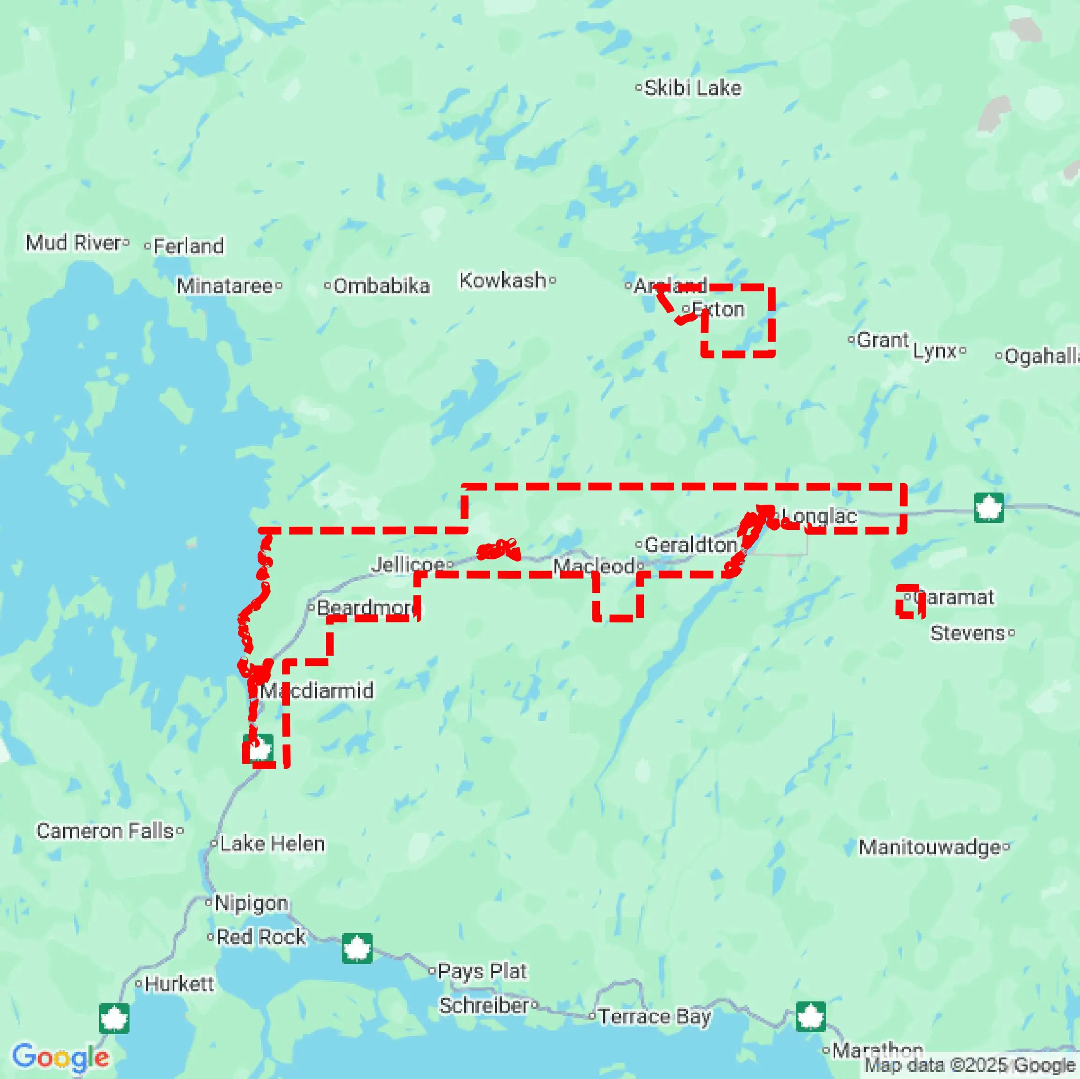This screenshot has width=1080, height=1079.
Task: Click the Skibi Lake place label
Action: pos(692,88)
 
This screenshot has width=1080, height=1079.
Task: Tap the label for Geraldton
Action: pos(691,545)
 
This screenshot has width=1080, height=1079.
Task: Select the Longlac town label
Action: pos(819,516)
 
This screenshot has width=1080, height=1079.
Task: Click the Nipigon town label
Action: pos(251,902)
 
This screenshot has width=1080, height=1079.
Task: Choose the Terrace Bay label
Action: pos(654,1016)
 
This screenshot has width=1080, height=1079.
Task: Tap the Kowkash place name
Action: pos(503,280)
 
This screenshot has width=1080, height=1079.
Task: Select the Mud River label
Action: pos(73,243)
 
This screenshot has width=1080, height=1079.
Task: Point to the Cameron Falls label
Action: pos(105,831)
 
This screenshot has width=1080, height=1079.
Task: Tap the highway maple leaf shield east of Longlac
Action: pos(988,507)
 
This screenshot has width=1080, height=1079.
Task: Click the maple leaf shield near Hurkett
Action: pos(114,1018)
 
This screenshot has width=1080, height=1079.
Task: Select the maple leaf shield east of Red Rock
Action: pos(357,948)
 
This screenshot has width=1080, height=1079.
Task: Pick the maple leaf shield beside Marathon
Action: pos(811,1016)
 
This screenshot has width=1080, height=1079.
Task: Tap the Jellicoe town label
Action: pos(408,564)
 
